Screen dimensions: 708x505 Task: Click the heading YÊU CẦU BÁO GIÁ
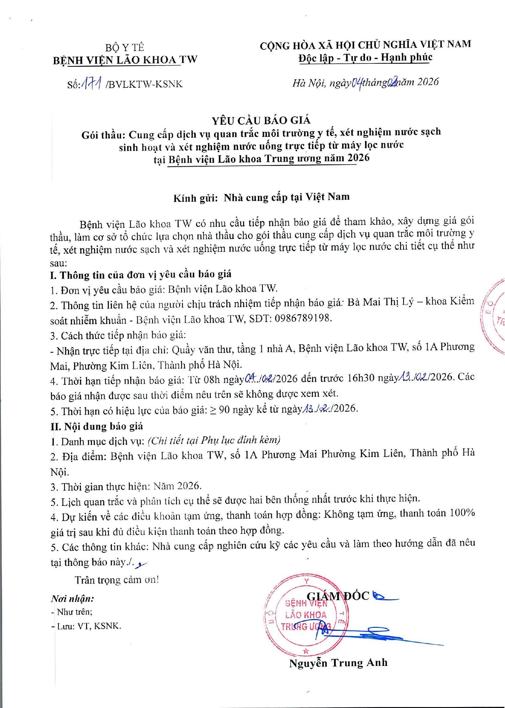click(x=261, y=120)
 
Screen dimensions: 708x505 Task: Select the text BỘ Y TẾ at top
click(x=125, y=47)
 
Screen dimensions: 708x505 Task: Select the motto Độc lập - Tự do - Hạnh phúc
click(x=365, y=58)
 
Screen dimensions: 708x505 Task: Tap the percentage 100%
click(x=462, y=513)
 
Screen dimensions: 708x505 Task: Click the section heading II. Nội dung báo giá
click(x=97, y=426)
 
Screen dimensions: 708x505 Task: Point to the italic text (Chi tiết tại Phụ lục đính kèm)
click(x=214, y=440)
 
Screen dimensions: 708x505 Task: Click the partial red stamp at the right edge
click(x=494, y=316)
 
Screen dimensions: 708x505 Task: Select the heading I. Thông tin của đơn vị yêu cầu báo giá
click(x=141, y=274)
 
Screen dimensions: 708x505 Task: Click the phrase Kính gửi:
click(x=195, y=198)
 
